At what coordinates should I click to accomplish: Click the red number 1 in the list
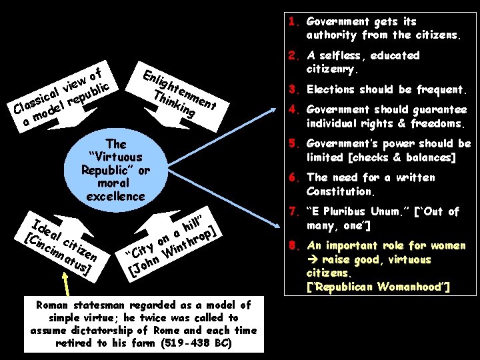[291, 21]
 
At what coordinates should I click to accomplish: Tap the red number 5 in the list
[291, 144]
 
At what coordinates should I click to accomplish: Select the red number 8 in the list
[291, 245]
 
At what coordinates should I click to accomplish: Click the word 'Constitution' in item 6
[340, 191]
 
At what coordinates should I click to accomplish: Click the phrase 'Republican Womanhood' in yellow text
[377, 287]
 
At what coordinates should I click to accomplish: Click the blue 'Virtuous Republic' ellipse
[116, 170]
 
